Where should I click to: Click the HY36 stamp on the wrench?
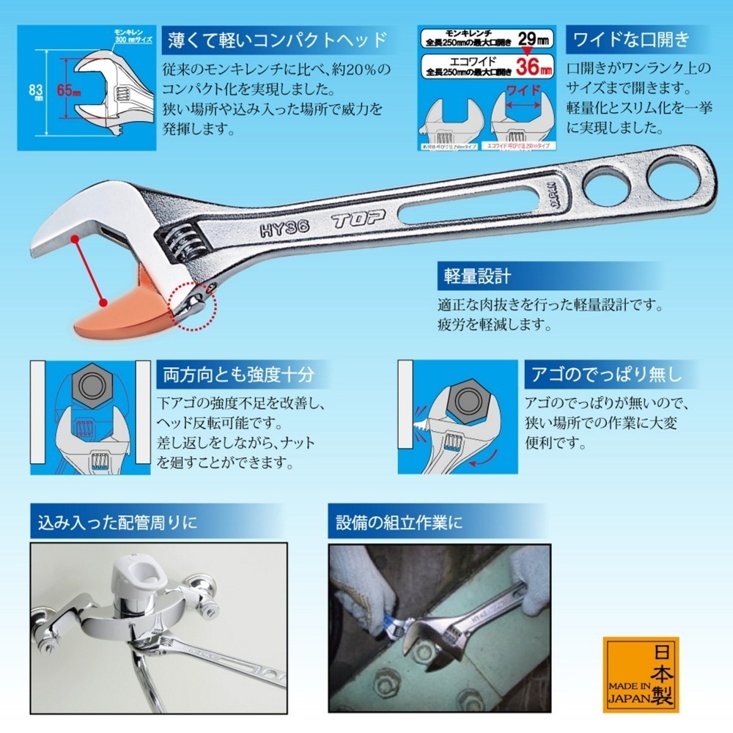284,229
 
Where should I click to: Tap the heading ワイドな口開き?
632,38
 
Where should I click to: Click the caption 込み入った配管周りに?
117,523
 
